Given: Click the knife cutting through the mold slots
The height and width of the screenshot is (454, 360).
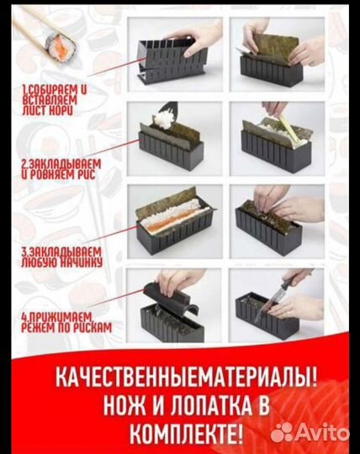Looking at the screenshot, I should click(x=290, y=286).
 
